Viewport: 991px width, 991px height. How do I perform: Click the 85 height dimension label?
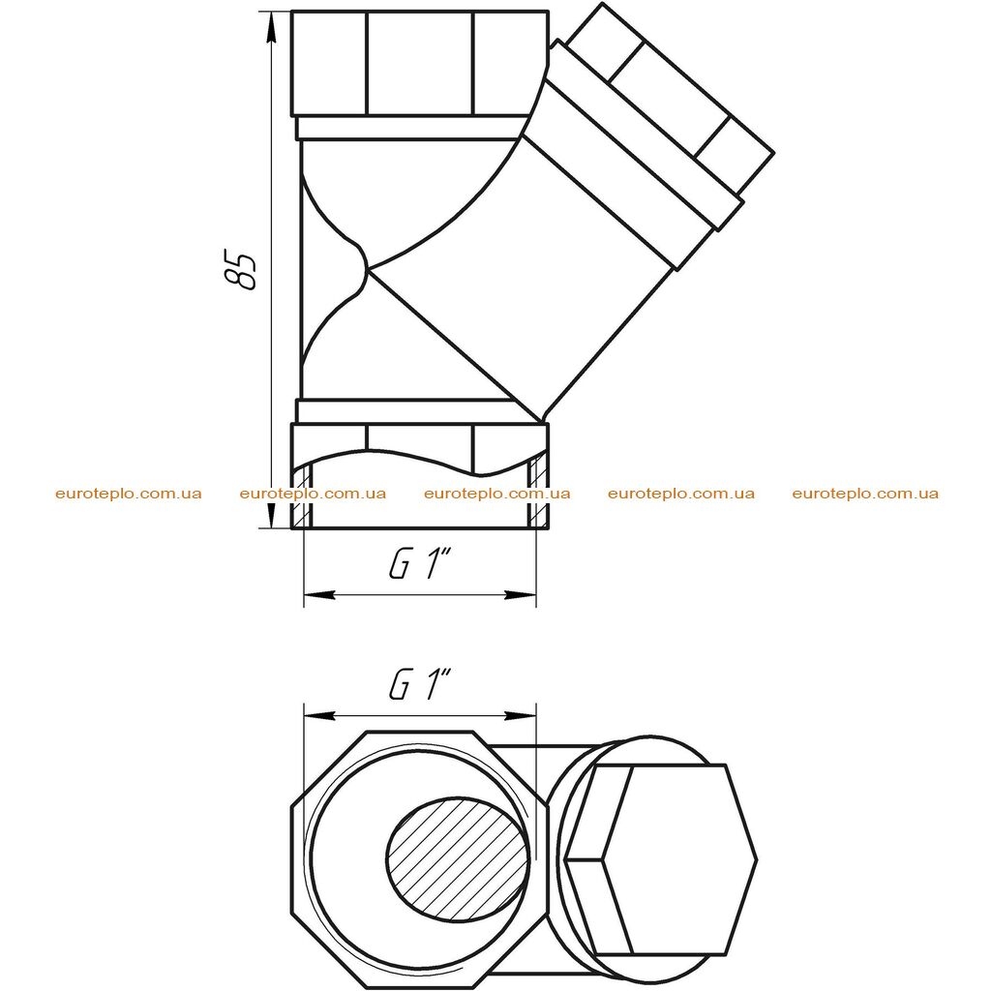pos(241,271)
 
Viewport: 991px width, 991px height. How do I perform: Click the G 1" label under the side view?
pos(419,564)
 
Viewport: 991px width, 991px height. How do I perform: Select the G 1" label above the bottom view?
pos(419,684)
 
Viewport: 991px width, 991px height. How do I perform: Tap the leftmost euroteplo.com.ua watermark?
pos(129,494)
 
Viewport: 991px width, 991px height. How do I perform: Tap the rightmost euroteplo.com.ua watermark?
pos(865,494)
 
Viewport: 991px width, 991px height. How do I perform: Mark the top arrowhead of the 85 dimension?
pos(272,26)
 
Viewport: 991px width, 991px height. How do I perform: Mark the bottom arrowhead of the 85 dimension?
pos(272,513)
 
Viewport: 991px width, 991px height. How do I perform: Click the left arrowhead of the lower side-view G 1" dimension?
pos(319,595)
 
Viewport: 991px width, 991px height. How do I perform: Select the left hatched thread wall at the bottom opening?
pos(302,495)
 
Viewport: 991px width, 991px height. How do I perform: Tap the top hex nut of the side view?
pos(420,64)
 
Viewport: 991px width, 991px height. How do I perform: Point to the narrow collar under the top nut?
pos(414,129)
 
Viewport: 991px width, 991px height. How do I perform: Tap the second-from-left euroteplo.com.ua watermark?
pos(313,494)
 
